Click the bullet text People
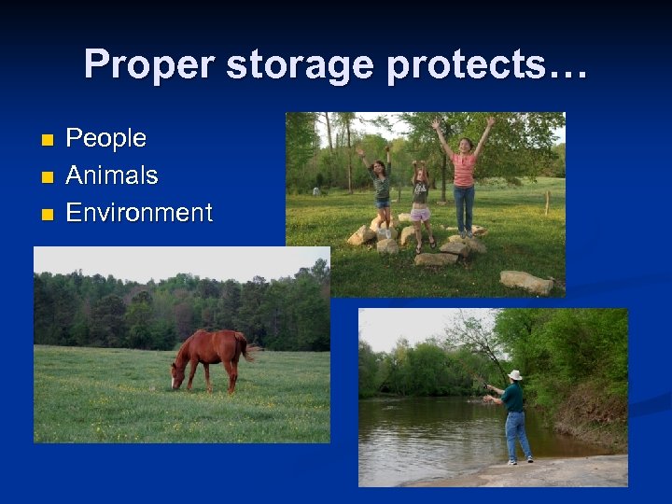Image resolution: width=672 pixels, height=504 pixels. [x=105, y=138]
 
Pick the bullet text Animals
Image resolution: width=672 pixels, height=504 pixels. [x=111, y=175]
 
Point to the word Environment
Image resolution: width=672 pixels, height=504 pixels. [x=139, y=213]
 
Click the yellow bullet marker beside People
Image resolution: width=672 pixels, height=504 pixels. [x=47, y=140]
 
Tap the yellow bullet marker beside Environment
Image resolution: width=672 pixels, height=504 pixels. [x=47, y=215]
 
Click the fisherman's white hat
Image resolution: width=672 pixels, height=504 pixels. [x=514, y=375]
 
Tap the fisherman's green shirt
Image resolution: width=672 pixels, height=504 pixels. [x=512, y=396]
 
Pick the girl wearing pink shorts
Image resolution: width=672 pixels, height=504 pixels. [x=421, y=201]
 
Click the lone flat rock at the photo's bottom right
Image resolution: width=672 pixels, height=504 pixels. [x=525, y=282]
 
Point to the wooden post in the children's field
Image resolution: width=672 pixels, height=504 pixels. [x=547, y=203]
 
